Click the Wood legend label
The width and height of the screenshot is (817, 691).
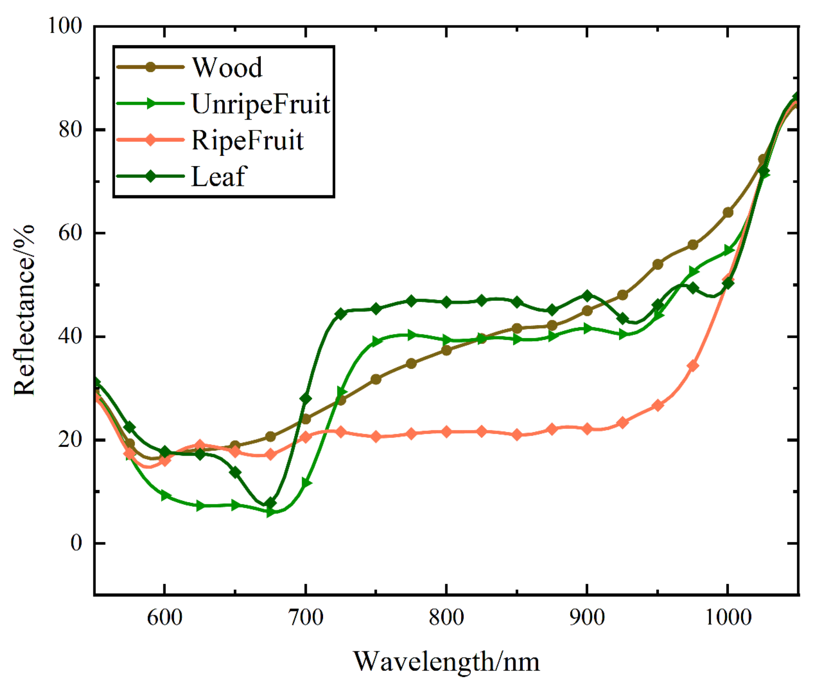tap(227, 67)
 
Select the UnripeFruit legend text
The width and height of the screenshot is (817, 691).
tap(261, 104)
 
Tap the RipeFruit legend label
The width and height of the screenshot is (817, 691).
tap(247, 140)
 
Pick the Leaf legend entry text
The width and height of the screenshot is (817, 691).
tap(219, 176)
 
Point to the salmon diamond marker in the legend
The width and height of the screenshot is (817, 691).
tap(150, 140)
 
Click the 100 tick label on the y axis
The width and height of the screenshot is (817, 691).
tap(65, 26)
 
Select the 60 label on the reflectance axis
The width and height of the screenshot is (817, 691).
tap(70, 233)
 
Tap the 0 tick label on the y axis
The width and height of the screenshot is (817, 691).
tap(76, 543)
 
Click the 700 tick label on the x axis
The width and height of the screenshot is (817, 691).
tap(306, 618)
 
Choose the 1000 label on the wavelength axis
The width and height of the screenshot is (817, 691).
tap(728, 618)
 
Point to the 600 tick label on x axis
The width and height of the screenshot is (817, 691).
tap(165, 618)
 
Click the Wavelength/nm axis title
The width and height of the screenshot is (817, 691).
tap(446, 662)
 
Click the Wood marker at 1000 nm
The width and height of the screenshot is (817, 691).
tap(728, 213)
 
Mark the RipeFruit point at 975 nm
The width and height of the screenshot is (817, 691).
tap(693, 366)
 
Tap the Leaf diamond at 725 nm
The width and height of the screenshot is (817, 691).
tap(340, 314)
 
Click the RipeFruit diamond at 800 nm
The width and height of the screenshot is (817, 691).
tap(446, 431)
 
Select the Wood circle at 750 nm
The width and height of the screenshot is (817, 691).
tap(376, 379)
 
